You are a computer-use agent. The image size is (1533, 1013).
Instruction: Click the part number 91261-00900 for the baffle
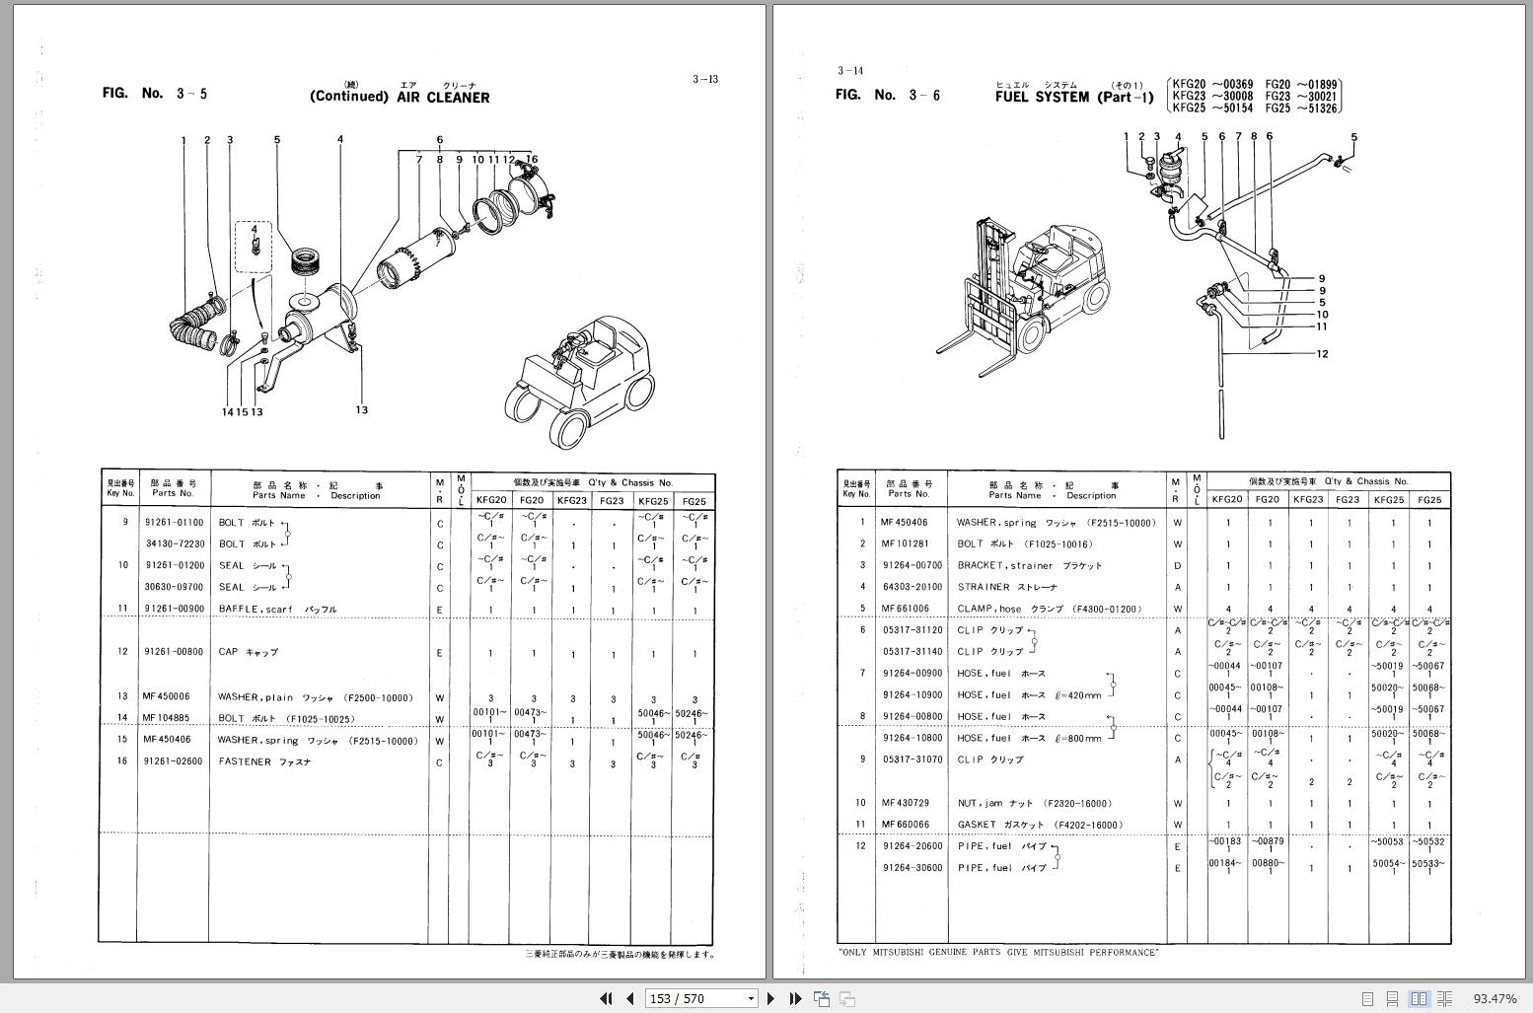175,610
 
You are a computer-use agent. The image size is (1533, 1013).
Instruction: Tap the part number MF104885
166,718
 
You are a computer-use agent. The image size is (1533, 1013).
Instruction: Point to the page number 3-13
704,80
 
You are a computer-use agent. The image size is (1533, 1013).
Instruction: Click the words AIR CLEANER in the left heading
443,98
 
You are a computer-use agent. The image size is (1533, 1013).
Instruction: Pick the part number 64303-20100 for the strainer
912,587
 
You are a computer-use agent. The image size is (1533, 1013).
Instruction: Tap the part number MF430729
906,803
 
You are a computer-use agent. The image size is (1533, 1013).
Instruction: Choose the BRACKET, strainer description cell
1029,566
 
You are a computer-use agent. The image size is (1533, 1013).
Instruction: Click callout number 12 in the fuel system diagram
1322,354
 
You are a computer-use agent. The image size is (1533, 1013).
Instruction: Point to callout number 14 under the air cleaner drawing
227,411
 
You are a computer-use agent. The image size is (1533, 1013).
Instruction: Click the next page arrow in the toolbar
771,998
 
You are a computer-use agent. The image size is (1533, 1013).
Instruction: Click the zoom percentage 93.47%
1495,999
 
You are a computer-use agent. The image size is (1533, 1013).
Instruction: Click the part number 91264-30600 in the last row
912,868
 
